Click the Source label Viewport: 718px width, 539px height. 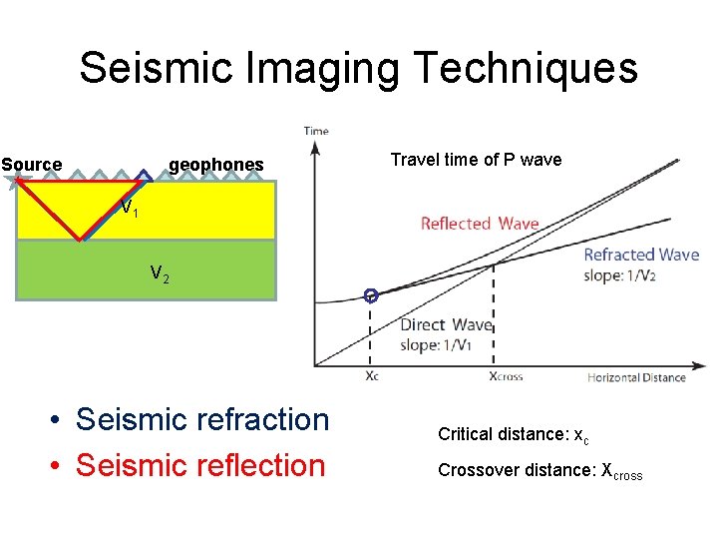[x=32, y=165]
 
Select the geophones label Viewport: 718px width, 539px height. [x=216, y=165]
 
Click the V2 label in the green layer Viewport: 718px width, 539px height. [x=159, y=272]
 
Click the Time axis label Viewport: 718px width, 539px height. [x=316, y=131]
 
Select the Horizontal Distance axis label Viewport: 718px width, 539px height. [x=636, y=377]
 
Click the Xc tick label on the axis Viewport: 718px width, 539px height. [x=371, y=377]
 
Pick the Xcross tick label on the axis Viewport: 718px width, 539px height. [x=505, y=377]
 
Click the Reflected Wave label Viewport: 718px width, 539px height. [x=480, y=224]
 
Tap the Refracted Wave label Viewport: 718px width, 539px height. [x=641, y=255]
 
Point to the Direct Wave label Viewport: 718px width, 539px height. [x=446, y=324]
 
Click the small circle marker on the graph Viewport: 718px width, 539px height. [x=371, y=295]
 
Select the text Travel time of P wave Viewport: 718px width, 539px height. [x=476, y=160]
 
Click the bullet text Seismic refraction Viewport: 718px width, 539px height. [x=201, y=420]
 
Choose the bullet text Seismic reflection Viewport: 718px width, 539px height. [x=200, y=465]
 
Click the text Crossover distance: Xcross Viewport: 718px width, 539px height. [x=539, y=472]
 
